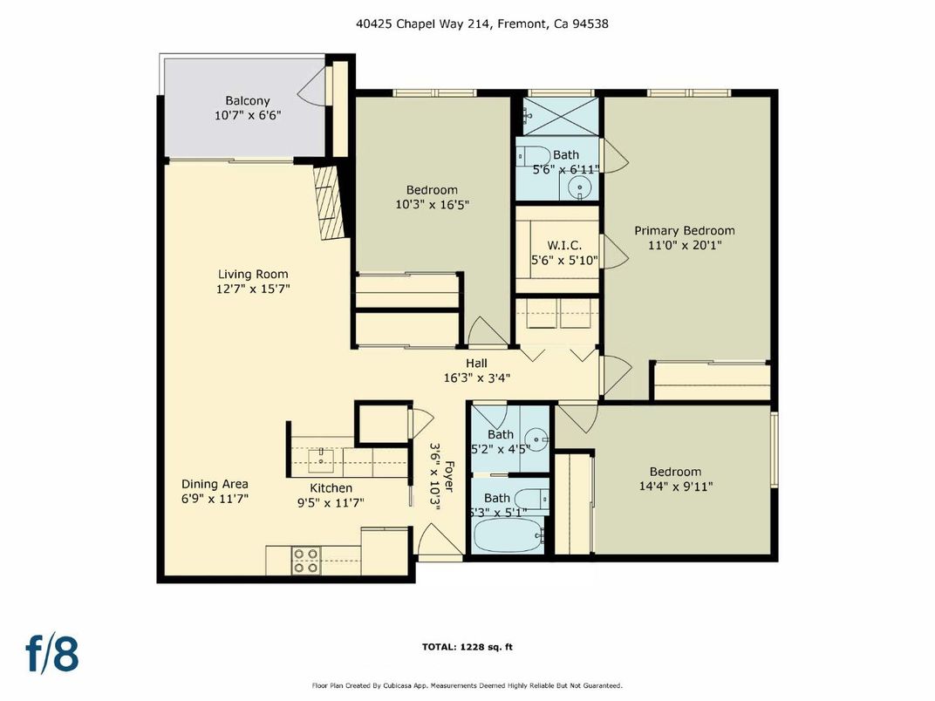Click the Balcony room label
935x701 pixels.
point(248,100)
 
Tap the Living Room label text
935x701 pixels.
point(253,274)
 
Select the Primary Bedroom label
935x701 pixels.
point(684,230)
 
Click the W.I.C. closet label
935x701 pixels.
point(558,246)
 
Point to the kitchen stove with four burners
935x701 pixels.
point(305,560)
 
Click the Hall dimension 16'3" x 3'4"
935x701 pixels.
point(476,378)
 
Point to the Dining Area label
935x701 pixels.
point(215,484)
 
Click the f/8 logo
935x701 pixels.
point(52,654)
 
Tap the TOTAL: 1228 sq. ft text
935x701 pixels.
point(467,647)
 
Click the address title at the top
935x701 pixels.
point(481,24)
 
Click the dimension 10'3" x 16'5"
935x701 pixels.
point(432,205)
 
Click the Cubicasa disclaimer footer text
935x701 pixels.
point(467,685)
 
